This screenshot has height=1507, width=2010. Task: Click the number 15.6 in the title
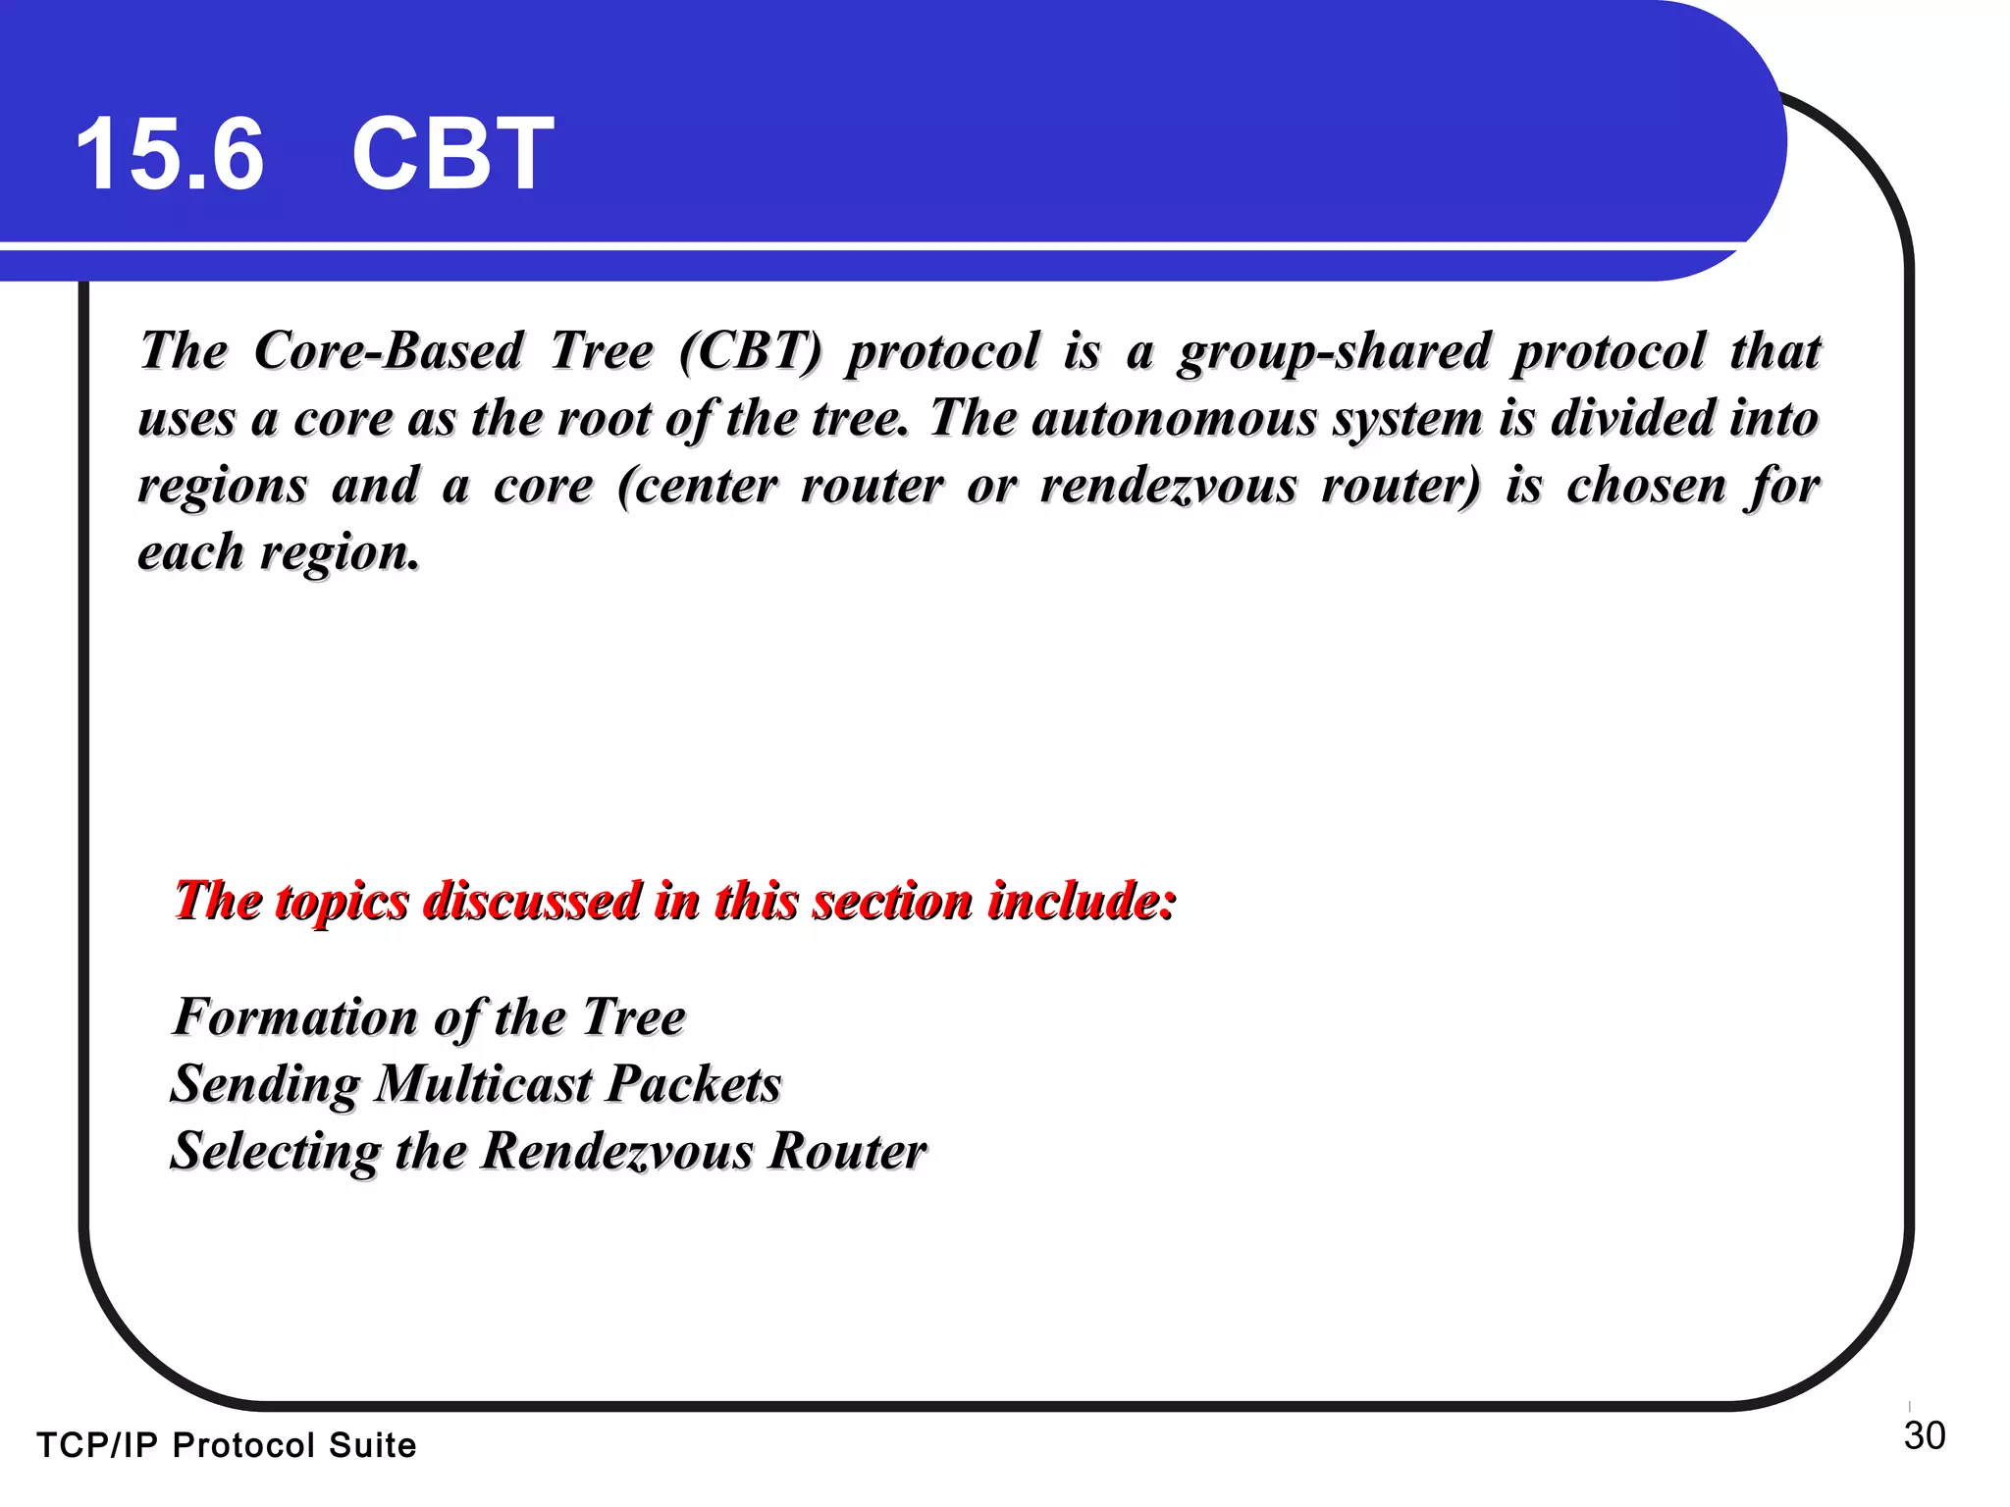[x=170, y=154]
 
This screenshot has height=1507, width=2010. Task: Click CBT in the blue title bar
[x=452, y=154]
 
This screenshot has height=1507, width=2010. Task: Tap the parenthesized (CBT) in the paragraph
[x=750, y=351]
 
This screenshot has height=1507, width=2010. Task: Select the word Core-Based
[x=388, y=351]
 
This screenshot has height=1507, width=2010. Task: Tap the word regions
[x=223, y=487]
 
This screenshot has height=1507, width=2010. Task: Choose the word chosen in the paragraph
[x=1646, y=485]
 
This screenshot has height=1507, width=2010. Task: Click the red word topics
[x=342, y=902]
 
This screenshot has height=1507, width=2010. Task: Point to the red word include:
[x=1082, y=901]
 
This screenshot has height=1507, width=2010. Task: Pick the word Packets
[x=693, y=1084]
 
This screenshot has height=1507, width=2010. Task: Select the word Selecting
[x=276, y=1152]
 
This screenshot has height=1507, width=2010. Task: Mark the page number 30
[x=1924, y=1436]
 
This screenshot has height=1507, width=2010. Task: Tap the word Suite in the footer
[x=372, y=1446]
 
